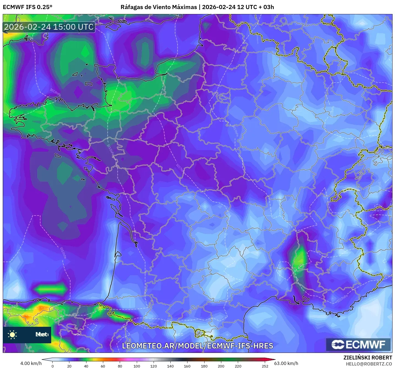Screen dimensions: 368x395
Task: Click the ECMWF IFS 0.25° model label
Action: coord(28,7)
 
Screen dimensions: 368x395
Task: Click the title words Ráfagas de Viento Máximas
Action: coord(159,7)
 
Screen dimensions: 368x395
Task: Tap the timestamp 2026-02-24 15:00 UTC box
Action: coord(49,27)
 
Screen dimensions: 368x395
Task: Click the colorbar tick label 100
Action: coord(137,366)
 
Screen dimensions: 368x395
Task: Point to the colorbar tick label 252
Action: coord(265,366)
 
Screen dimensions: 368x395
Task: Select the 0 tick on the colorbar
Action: coord(53,366)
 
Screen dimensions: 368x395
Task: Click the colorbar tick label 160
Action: coord(187,366)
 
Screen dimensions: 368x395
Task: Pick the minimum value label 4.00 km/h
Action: coord(31,363)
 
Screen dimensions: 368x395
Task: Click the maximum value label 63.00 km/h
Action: coord(286,363)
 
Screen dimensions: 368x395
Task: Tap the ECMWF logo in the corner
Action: coord(358,345)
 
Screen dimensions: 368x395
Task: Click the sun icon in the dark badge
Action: coord(12,334)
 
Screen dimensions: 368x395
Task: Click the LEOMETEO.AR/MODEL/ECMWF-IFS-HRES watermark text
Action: coord(197,346)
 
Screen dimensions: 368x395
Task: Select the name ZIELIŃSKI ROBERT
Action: coord(368,358)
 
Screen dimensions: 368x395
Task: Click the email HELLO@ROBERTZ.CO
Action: coord(369,364)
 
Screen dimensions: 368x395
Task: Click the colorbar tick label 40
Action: coord(86,366)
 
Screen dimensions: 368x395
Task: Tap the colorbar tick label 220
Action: coord(238,366)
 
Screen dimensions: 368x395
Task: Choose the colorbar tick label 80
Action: coord(120,366)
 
